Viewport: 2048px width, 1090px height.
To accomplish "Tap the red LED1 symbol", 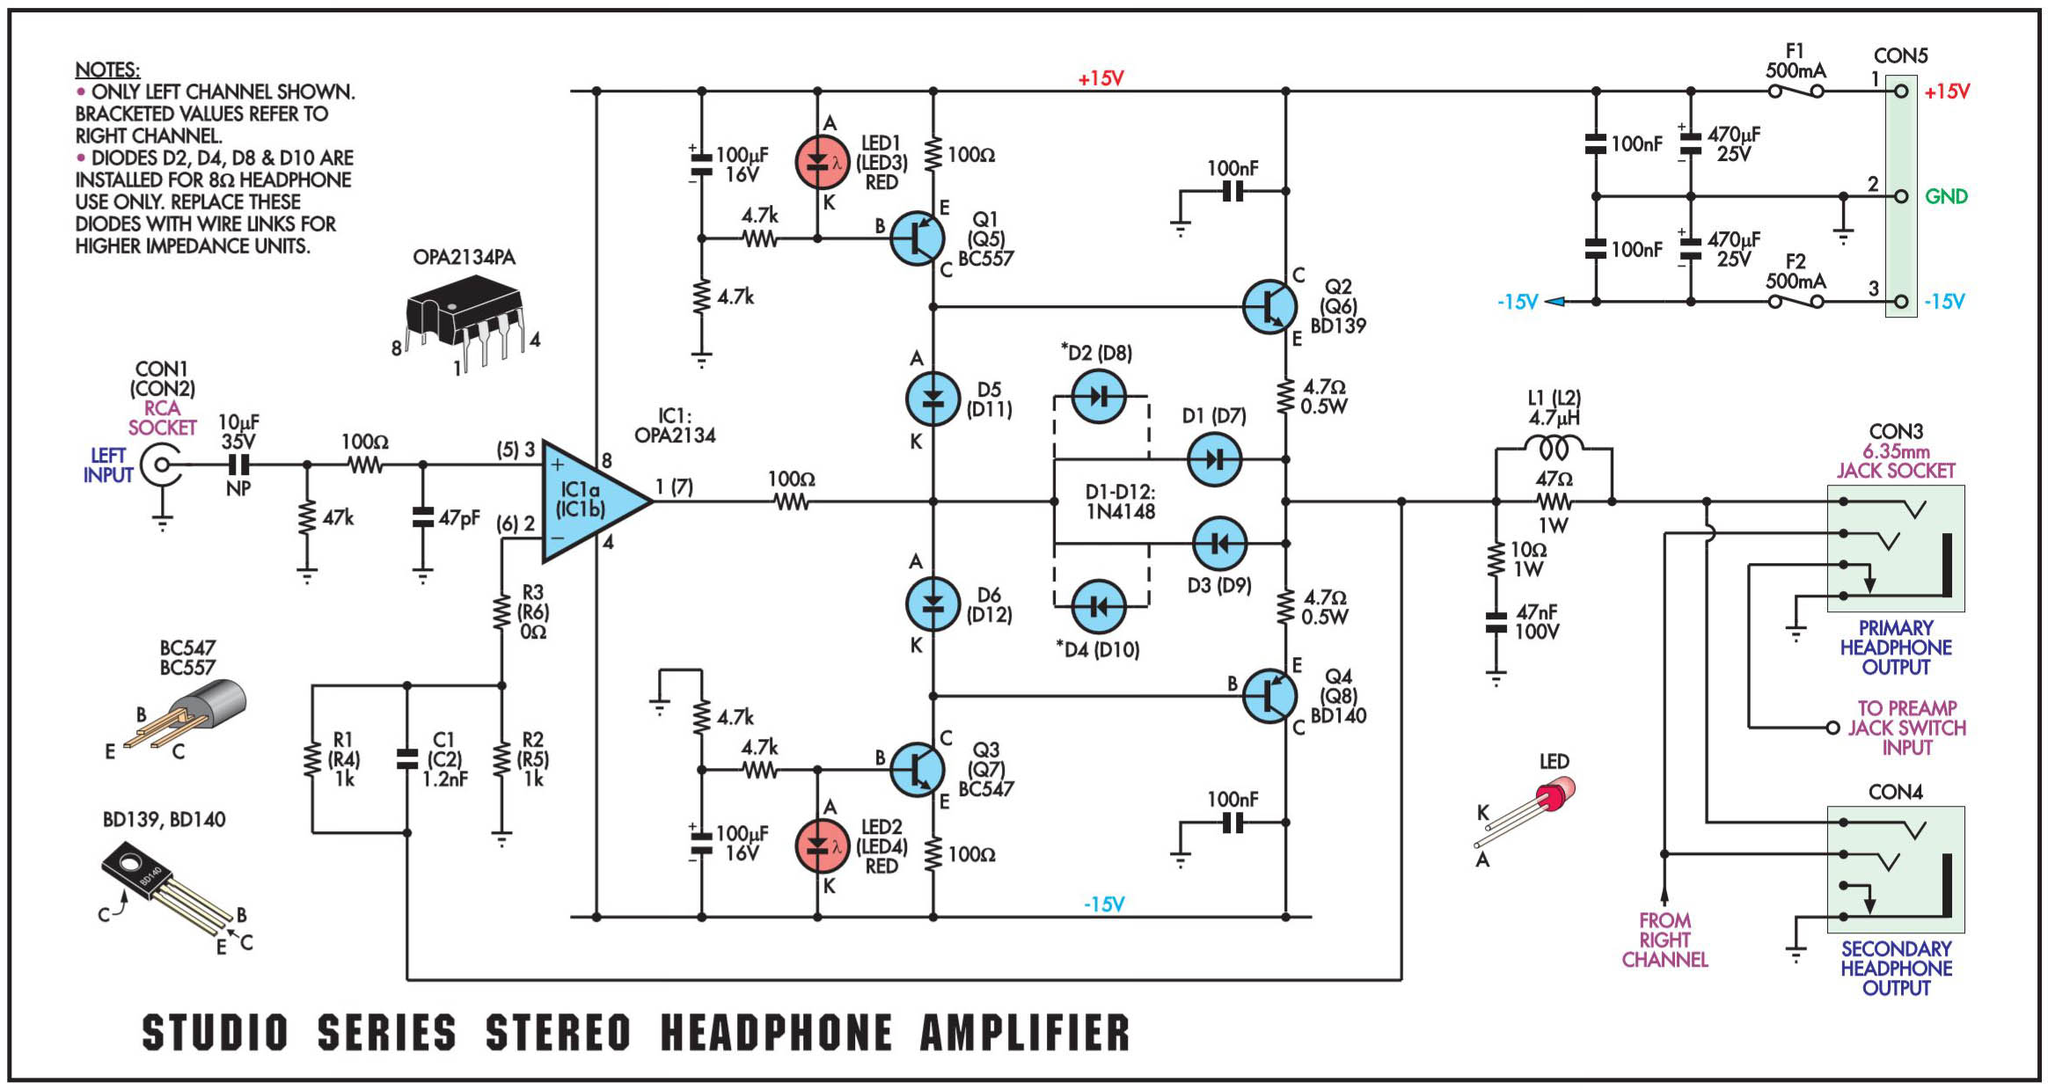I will coord(821,163).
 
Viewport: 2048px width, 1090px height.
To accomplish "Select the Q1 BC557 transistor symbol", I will coord(917,238).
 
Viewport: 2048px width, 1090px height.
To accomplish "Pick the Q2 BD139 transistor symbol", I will coord(1269,307).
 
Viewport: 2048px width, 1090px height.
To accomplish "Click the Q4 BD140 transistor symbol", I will coord(1269,696).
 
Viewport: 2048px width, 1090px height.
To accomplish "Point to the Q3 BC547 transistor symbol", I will coord(917,770).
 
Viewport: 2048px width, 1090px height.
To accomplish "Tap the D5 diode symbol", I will coord(933,399).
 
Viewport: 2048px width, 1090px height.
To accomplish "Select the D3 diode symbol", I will coord(1219,544).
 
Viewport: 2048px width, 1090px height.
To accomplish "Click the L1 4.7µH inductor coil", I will coord(1554,449).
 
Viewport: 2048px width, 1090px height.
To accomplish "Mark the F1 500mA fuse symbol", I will coord(1796,91).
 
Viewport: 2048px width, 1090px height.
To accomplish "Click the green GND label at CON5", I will coord(1946,196).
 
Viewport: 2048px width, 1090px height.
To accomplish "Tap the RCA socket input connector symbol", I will coord(164,465).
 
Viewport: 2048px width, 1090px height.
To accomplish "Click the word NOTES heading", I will coord(107,69).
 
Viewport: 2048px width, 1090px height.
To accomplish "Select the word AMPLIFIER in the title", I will coord(1025,1033).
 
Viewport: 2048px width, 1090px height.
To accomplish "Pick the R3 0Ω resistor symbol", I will coord(501,612).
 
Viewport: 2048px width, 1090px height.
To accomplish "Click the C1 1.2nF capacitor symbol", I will coord(406,759).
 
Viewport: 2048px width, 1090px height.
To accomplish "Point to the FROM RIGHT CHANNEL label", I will coord(1664,940).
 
